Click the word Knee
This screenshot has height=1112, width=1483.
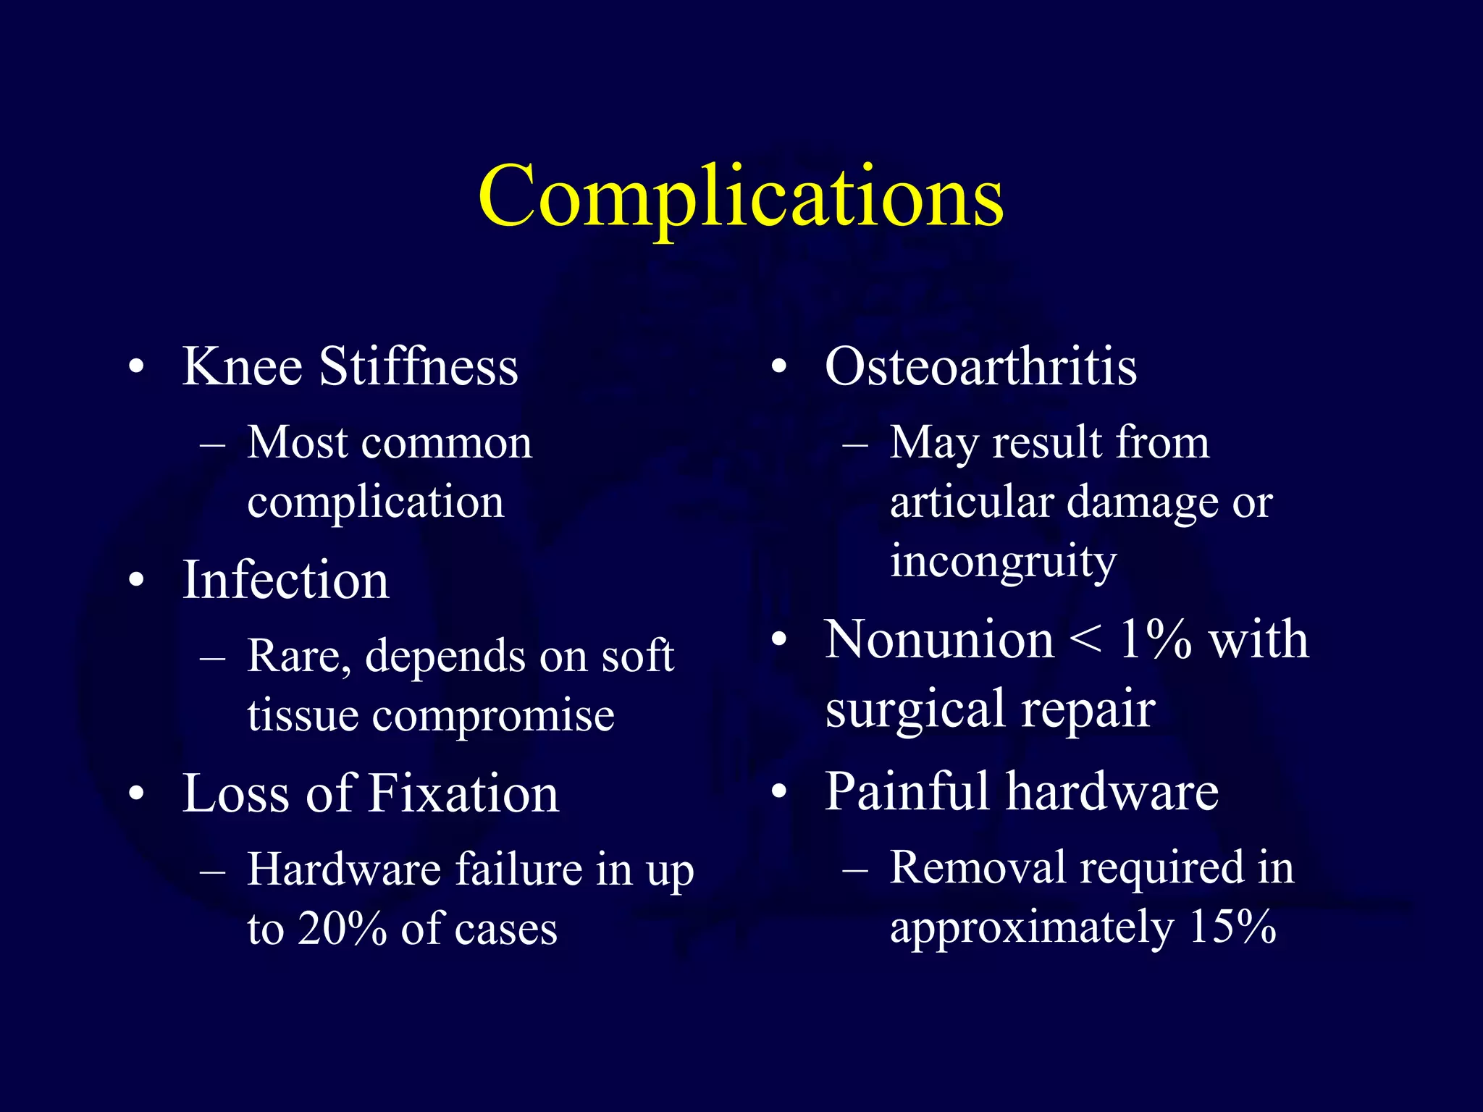tap(242, 366)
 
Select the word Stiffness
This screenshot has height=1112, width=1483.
tap(419, 366)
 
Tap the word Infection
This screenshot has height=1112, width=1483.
tap(285, 581)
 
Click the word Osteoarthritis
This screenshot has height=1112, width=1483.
tap(980, 366)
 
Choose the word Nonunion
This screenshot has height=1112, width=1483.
tap(939, 640)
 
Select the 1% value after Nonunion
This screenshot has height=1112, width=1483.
tap(1156, 640)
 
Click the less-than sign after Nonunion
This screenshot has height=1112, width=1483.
tap(1086, 640)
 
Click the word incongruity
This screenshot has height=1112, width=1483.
tap(1003, 562)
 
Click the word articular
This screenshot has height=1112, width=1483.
tap(970, 502)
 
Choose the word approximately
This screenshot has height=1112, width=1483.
tap(1032, 928)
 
